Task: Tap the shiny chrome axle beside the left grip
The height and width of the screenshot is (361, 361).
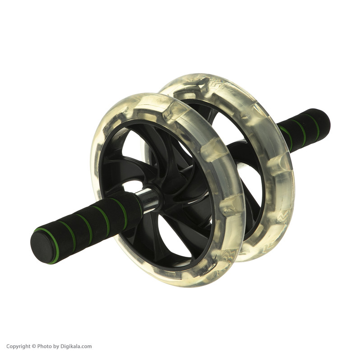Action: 150,199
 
